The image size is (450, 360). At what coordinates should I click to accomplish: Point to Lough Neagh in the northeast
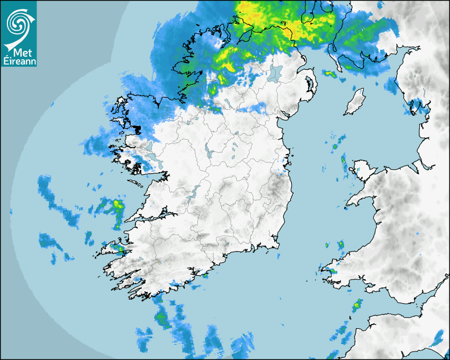pos(275,73)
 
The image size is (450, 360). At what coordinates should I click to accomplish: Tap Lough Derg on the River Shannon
pos(195,193)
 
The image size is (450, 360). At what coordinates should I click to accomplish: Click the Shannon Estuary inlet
pos(154,217)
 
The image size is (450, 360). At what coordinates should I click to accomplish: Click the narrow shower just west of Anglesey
pos(344,161)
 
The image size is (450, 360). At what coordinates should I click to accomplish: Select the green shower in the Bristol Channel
pos(358,304)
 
